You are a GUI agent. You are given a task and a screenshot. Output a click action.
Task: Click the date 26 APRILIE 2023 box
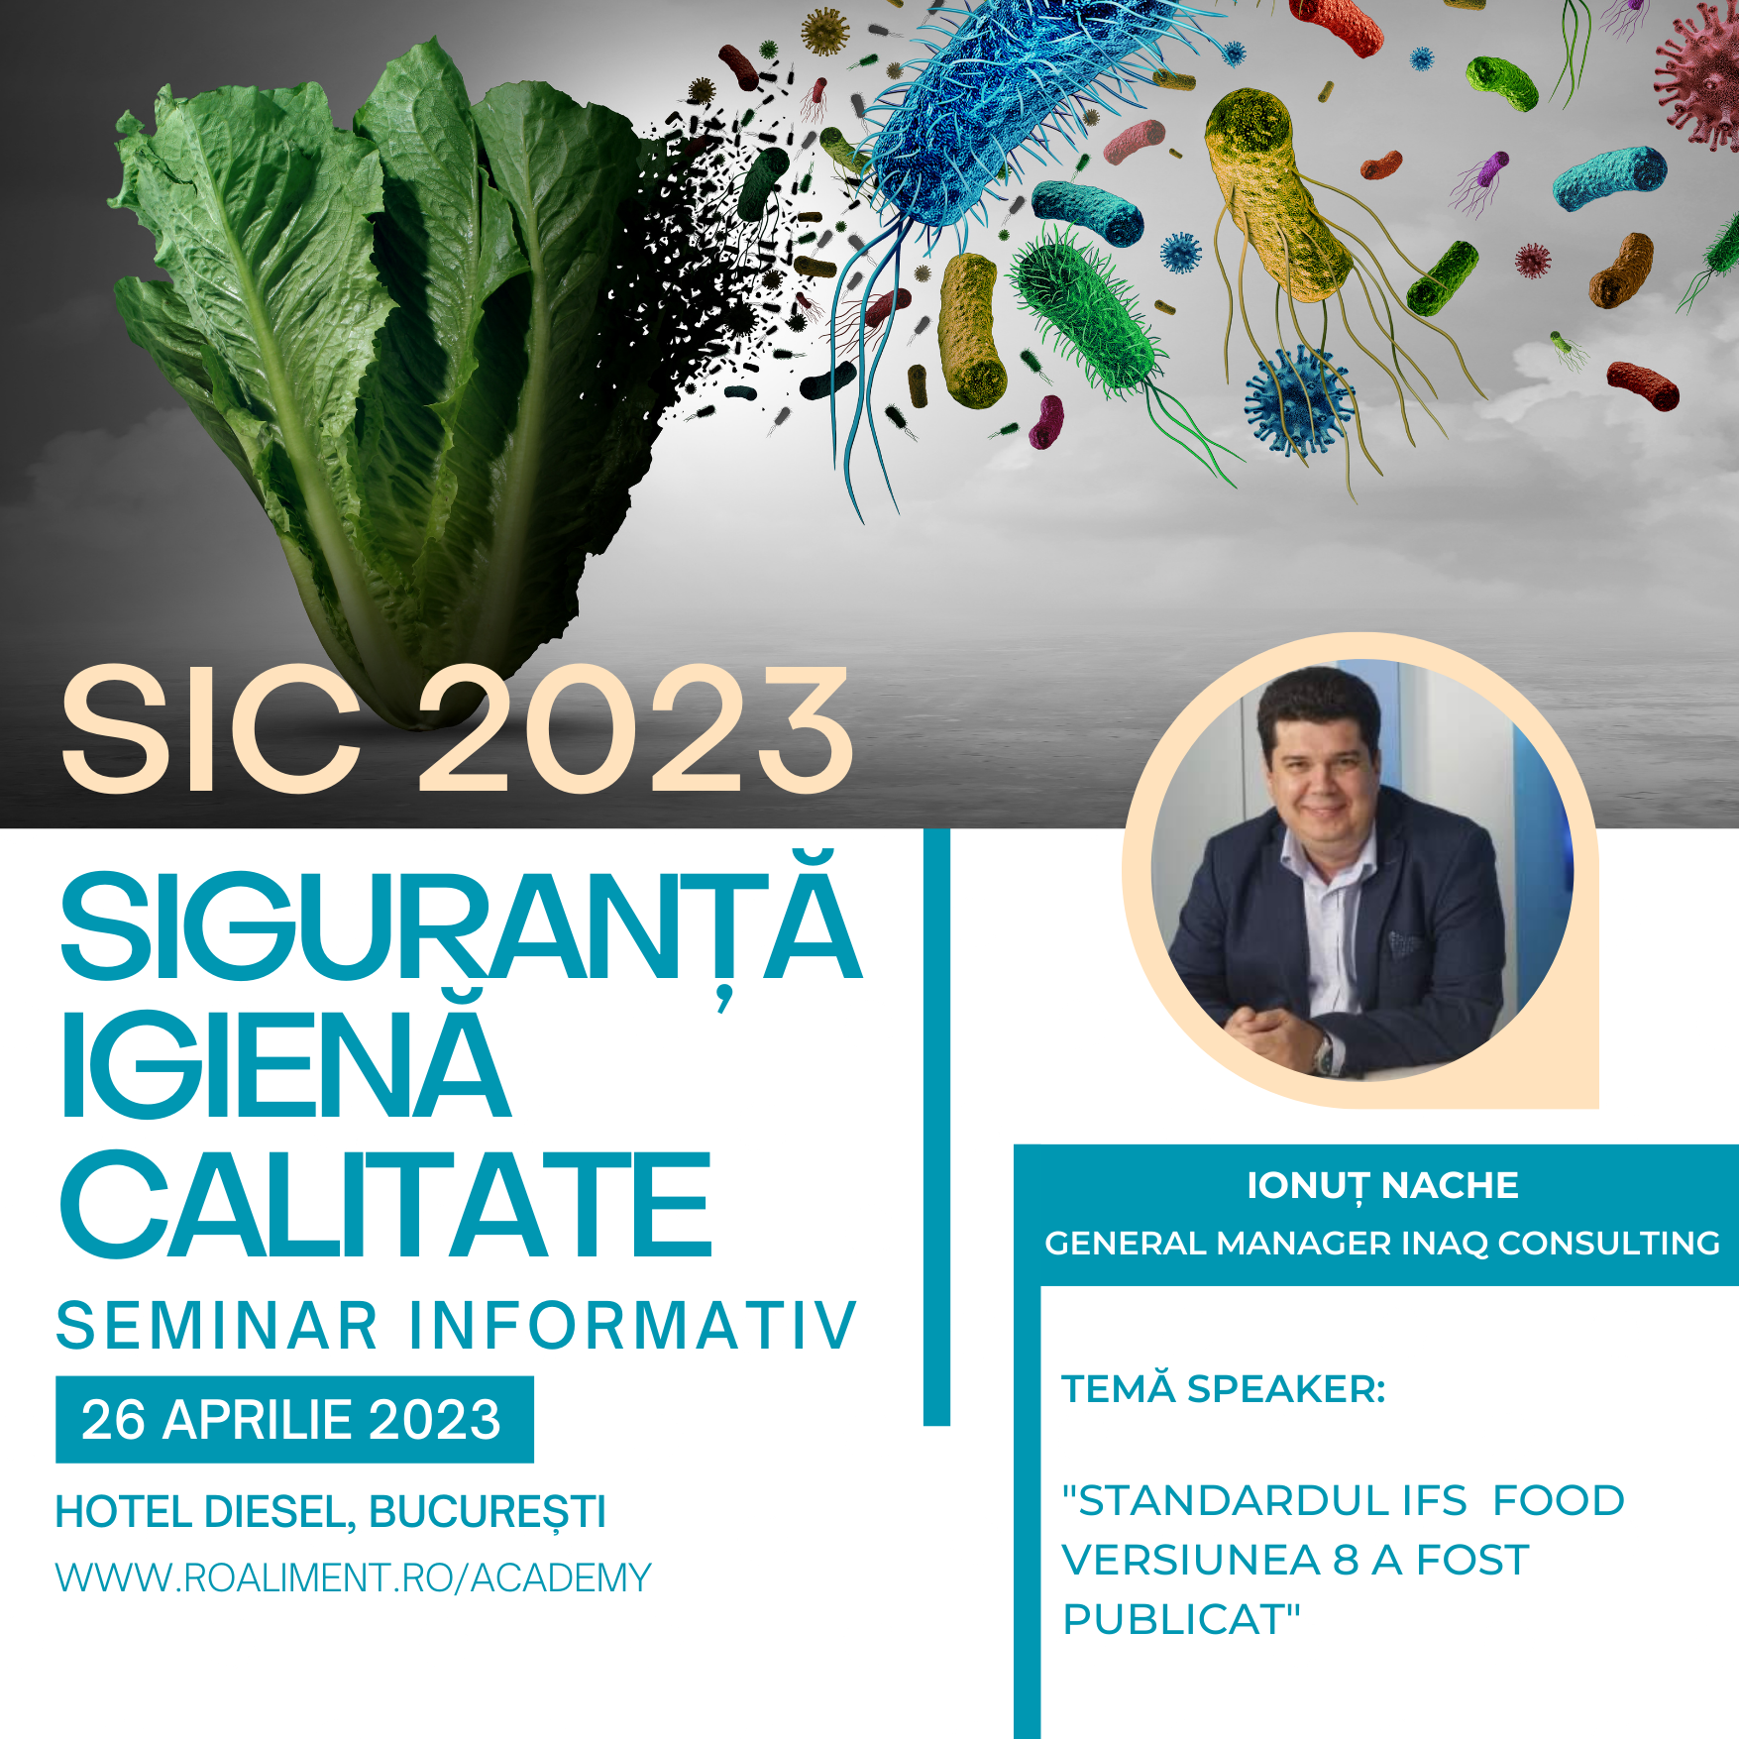point(294,1419)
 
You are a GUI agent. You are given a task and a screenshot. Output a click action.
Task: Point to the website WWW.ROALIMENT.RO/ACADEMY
point(354,1577)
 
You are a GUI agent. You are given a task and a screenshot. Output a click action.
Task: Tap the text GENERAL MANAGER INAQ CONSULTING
point(1382,1243)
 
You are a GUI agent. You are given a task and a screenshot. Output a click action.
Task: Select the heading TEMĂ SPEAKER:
point(1224,1388)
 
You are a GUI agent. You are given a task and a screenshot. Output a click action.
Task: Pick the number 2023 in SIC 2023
point(636,730)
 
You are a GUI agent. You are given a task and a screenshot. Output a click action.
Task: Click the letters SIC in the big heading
point(210,730)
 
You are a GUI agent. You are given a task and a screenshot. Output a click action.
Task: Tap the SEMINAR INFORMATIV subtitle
point(457,1326)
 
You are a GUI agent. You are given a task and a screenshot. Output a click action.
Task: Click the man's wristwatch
point(1325,1053)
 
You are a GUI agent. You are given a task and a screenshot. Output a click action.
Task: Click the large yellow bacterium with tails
point(1278,198)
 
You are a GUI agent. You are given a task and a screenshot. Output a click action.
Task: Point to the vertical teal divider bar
point(936,1127)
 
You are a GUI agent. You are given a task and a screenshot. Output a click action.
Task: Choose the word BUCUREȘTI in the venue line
point(488,1513)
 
